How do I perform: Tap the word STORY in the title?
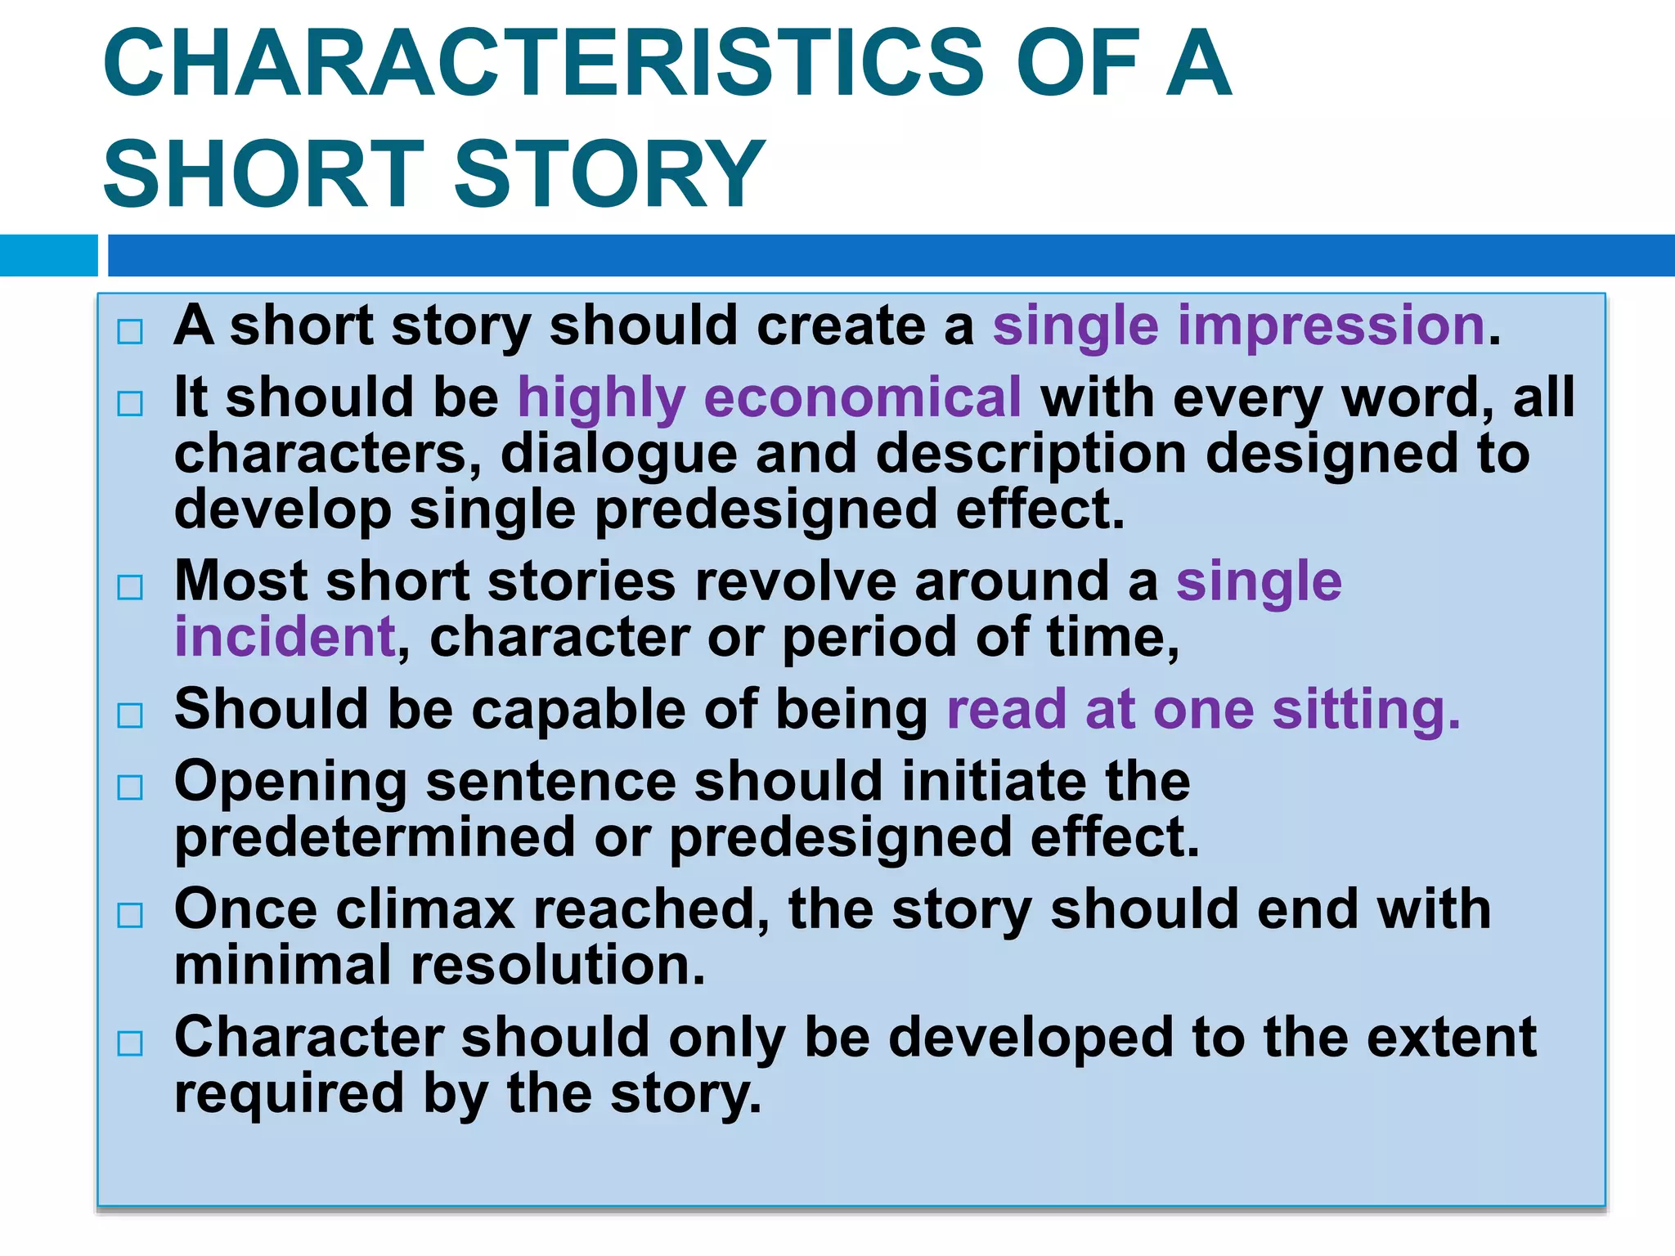tap(608, 174)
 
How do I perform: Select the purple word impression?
tap(1331, 326)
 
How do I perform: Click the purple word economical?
tap(862, 398)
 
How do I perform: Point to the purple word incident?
tap(285, 637)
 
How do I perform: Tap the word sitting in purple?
tap(1365, 709)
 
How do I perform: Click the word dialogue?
tap(618, 454)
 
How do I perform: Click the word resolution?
tap(557, 966)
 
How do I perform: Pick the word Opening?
tap(290, 783)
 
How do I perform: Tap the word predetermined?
tap(375, 837)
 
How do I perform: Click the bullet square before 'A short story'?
tap(130, 331)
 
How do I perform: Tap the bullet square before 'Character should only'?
tap(130, 1043)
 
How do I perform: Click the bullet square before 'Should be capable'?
tap(130, 715)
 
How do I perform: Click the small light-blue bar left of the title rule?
tap(48, 255)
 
